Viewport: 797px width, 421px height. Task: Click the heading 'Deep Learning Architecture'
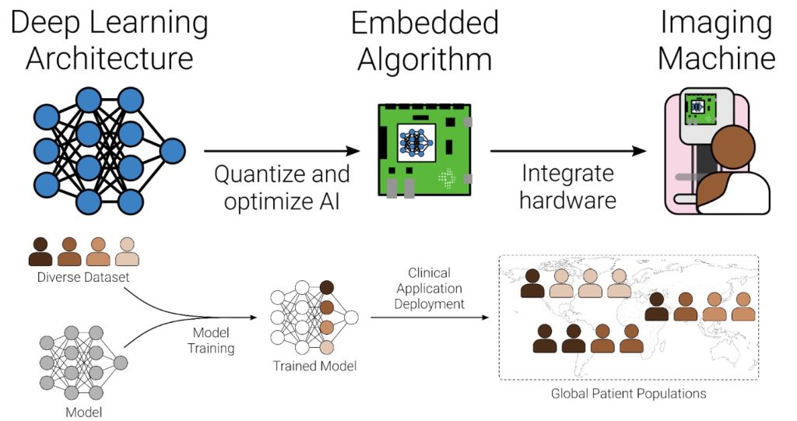click(109, 40)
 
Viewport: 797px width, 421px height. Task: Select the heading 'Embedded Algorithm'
click(424, 40)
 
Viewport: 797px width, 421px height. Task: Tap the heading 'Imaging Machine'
click(717, 40)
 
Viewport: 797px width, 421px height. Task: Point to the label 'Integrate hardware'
click(567, 186)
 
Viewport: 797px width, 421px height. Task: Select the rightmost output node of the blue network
click(172, 149)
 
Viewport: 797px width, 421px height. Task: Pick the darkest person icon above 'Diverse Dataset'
click(40, 251)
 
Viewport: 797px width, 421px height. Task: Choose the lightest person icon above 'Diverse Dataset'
click(127, 251)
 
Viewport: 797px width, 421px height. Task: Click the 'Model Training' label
click(210, 340)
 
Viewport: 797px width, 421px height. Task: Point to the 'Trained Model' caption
click(314, 365)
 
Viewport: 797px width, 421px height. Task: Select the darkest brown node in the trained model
click(326, 287)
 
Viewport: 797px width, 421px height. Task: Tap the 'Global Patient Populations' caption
click(628, 393)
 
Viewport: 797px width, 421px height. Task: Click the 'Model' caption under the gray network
click(84, 411)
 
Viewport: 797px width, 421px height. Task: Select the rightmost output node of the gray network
click(121, 363)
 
